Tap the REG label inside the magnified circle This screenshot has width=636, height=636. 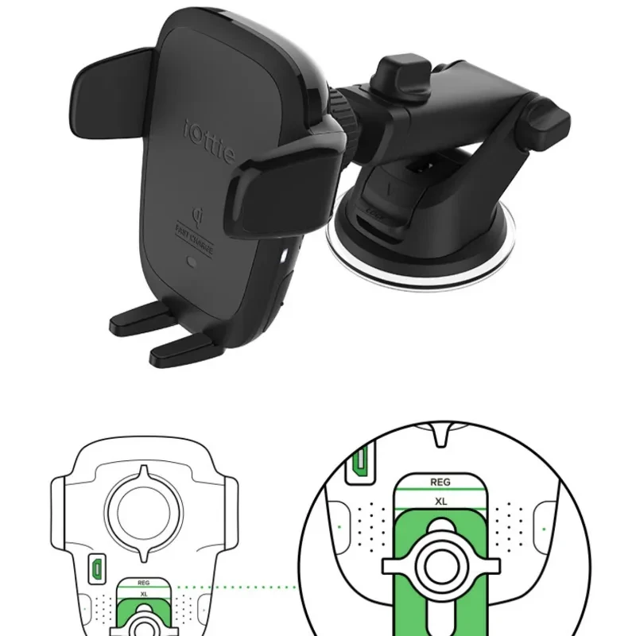point(440,482)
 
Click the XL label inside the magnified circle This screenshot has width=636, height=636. point(440,502)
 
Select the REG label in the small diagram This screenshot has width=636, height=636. point(144,582)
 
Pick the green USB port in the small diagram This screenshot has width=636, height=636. point(94,568)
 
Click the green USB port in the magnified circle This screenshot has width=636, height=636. point(359,462)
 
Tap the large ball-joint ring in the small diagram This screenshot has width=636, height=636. point(143,513)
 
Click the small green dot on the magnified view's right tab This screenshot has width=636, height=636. point(545,527)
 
